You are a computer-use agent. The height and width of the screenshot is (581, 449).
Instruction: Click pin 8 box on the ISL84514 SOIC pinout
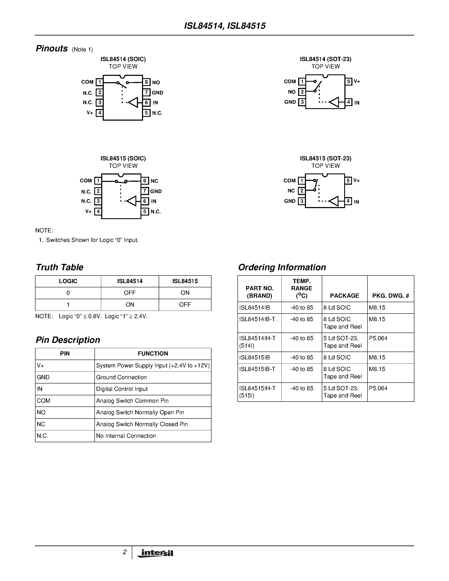146,82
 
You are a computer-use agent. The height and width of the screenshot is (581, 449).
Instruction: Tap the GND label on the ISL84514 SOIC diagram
157,93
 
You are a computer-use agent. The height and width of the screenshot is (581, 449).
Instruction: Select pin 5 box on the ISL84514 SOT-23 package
348,81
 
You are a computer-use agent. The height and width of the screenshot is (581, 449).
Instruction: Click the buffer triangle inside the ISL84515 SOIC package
131,201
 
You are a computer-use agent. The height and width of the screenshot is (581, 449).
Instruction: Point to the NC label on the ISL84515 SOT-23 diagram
291,191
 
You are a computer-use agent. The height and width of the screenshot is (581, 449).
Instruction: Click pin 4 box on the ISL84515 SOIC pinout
98,211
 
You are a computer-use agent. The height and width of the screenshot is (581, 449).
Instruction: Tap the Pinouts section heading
52,48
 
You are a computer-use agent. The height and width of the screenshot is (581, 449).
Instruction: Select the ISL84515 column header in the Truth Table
185,281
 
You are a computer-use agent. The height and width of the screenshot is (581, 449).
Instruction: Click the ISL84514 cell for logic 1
130,305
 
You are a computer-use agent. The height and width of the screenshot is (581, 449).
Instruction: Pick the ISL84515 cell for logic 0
185,293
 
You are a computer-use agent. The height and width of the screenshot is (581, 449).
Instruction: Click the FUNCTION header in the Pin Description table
153,353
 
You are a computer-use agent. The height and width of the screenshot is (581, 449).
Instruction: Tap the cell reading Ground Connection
121,377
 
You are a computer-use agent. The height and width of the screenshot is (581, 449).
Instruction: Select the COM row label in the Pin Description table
44,401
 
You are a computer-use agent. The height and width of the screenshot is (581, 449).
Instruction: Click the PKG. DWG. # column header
390,296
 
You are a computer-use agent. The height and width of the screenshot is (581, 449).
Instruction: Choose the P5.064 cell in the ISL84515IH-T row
378,388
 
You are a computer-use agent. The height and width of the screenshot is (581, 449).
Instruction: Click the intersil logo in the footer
156,553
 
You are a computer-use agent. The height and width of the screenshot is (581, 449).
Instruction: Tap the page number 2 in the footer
124,552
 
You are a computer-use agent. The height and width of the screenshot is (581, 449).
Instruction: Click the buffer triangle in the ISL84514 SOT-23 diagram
334,102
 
